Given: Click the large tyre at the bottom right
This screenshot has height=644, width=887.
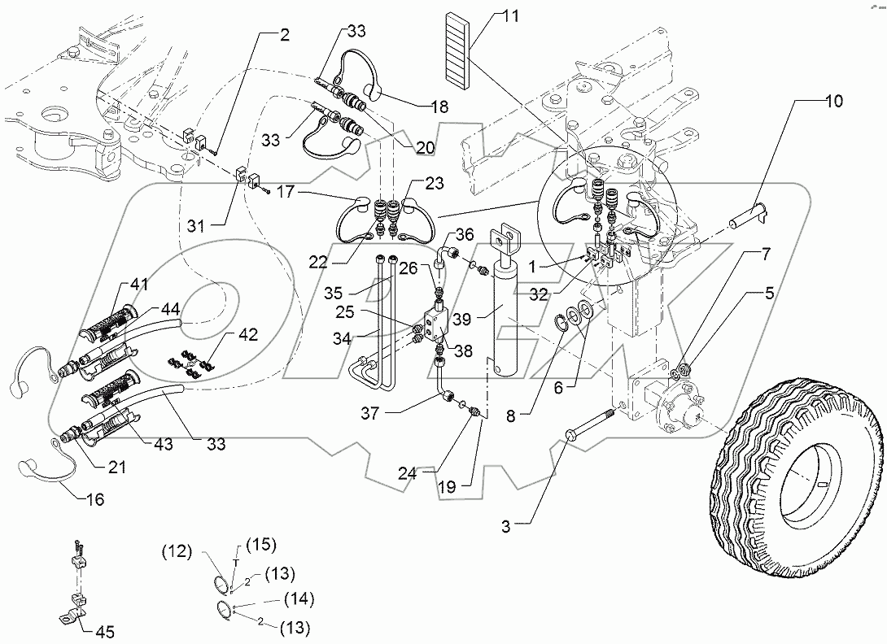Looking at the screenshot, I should [797, 468].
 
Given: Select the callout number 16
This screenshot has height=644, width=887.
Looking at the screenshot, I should [95, 499].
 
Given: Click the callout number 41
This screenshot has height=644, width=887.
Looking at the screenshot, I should [140, 285].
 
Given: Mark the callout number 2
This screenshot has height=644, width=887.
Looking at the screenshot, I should [285, 35].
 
